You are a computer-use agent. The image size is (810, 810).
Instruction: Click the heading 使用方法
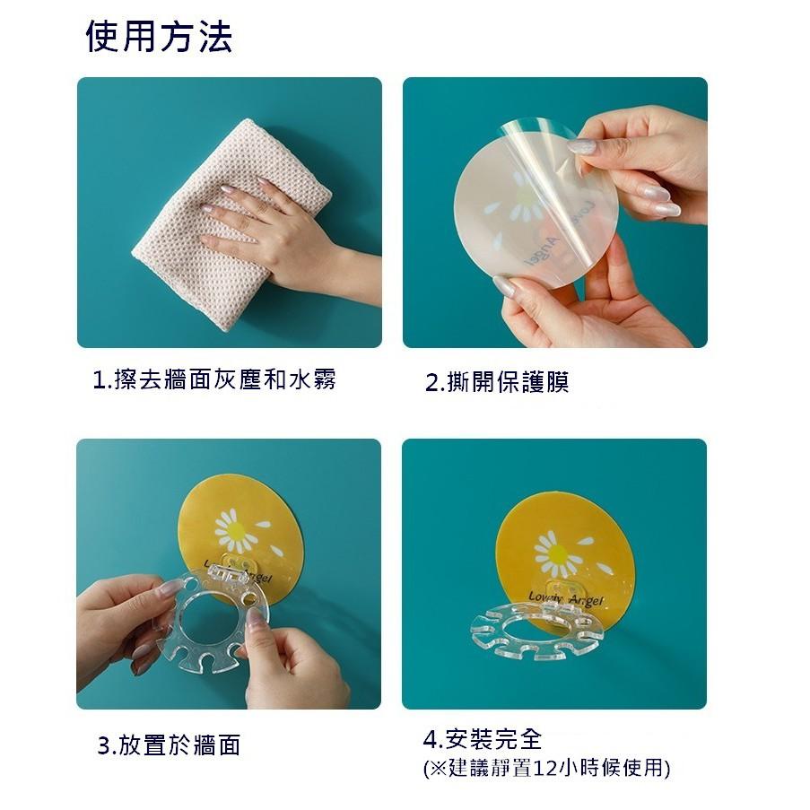click(159, 38)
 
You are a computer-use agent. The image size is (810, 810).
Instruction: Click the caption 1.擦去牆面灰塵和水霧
click(214, 379)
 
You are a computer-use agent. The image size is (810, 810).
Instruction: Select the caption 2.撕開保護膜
click(496, 382)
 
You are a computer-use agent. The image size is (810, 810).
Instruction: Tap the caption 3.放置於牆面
click(169, 745)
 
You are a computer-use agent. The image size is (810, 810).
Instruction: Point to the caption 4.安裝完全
click(483, 740)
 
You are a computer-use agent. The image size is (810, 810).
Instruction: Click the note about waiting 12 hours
click(545, 768)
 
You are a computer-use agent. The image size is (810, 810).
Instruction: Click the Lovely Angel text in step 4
click(565, 598)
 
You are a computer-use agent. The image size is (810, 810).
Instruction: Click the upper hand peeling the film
click(637, 161)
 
